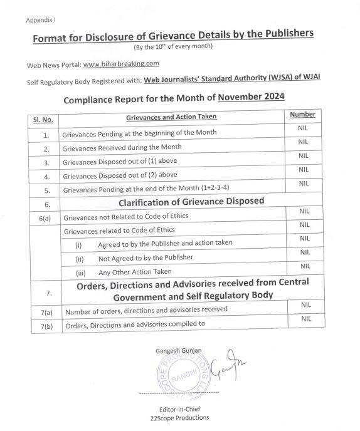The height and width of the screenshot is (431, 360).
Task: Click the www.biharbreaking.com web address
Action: pyautogui.click(x=121, y=64)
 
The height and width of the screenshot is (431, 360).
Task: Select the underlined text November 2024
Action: pyautogui.click(x=251, y=96)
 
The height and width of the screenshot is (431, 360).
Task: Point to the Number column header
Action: pyautogui.click(x=302, y=115)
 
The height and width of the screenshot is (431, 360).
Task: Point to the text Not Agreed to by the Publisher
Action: pyautogui.click(x=144, y=257)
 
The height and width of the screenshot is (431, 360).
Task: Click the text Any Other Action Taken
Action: pyautogui.click(x=135, y=272)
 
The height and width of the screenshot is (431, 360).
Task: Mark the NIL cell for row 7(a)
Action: pyautogui.click(x=306, y=304)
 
